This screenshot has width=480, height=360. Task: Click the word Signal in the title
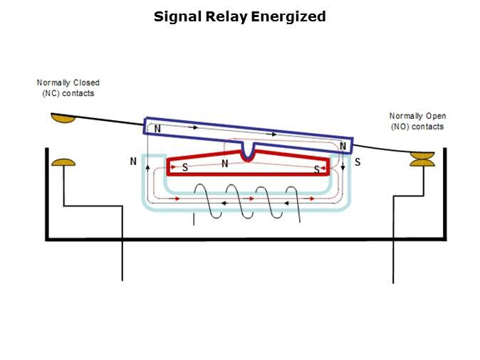pyautogui.click(x=174, y=16)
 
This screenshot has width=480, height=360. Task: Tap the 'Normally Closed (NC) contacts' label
pyautogui.click(x=68, y=88)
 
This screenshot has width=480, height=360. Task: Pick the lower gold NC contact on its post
pyautogui.click(x=63, y=163)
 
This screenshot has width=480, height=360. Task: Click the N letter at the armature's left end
pyautogui.click(x=157, y=130)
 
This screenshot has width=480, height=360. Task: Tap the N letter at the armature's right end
pyautogui.click(x=343, y=146)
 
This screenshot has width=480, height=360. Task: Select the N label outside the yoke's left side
pyautogui.click(x=133, y=162)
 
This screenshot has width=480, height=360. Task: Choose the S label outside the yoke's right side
pyautogui.click(x=358, y=162)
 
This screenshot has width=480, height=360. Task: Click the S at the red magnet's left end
pyautogui.click(x=185, y=168)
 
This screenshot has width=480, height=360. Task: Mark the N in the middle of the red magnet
pyautogui.click(x=225, y=164)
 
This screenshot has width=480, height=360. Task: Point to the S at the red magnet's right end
pyautogui.click(x=316, y=170)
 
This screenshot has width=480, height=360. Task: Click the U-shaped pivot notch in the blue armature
pyautogui.click(x=247, y=152)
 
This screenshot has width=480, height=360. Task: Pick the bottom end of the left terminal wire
pyautogui.click(x=122, y=280)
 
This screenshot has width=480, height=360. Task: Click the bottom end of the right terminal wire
pyautogui.click(x=393, y=282)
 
